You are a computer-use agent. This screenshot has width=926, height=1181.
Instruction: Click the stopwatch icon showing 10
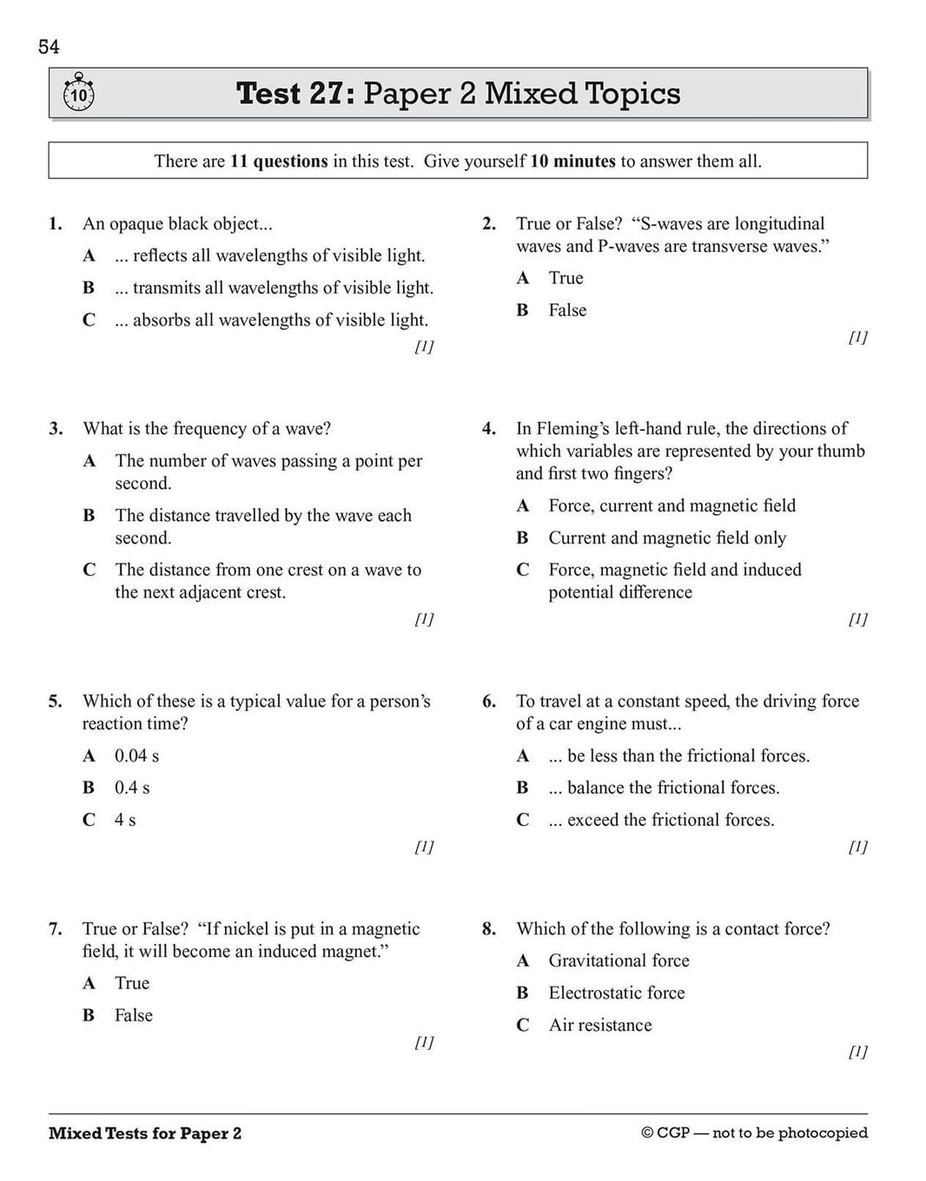(x=78, y=93)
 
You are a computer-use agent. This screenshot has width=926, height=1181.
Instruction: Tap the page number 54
(x=49, y=47)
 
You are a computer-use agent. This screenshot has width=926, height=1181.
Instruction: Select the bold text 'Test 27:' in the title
(x=295, y=93)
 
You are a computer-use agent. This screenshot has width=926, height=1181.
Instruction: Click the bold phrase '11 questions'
(x=279, y=161)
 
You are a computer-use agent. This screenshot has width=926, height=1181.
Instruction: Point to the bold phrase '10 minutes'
(x=572, y=161)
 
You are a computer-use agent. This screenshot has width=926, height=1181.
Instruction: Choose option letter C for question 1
(x=89, y=320)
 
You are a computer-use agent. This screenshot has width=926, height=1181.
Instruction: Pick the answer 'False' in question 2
(x=567, y=310)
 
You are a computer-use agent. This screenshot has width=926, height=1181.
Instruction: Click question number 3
(x=56, y=428)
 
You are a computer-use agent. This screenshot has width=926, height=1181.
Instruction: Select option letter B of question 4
(x=522, y=538)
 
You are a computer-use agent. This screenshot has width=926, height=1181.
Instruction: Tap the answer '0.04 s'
(x=136, y=755)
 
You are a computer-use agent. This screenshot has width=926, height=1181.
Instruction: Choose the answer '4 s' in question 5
(x=125, y=820)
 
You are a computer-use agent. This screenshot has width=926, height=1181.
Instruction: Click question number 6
(x=489, y=701)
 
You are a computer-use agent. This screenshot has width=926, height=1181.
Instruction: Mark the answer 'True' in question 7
(x=132, y=983)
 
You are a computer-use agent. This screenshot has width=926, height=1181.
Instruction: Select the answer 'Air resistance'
(x=599, y=1025)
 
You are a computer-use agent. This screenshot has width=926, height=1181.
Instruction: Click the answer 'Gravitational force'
(x=618, y=960)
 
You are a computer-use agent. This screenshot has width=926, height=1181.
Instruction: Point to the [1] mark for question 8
(x=857, y=1052)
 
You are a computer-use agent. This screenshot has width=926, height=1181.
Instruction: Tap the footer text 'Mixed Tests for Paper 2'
(x=145, y=1133)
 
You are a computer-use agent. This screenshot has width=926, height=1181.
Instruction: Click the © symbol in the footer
(x=647, y=1133)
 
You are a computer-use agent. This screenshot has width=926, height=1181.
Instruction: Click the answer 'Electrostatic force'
(x=617, y=993)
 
